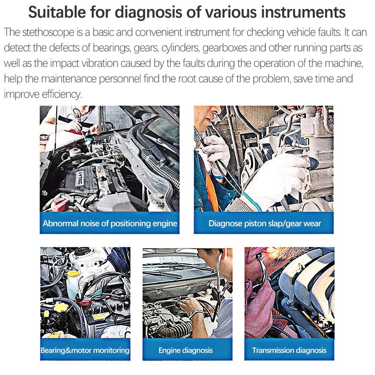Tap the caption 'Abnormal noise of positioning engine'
coord(110,223)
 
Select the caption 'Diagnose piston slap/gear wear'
coord(264,223)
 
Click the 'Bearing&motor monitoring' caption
coord(85,350)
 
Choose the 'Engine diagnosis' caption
coord(186,350)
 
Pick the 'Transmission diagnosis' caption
coord(289,350)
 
